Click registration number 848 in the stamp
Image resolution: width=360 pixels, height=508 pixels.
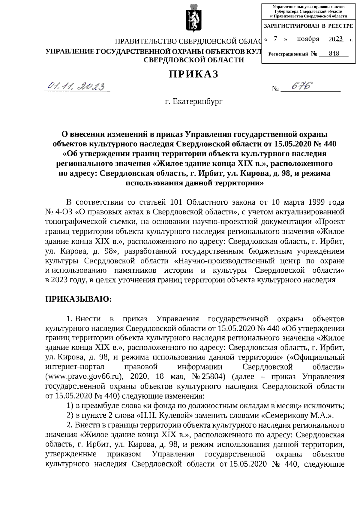[x=334, y=53]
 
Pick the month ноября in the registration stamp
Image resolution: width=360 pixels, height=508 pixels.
[x=308, y=39]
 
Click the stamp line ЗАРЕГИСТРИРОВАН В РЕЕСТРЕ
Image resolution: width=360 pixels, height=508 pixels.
[x=308, y=26]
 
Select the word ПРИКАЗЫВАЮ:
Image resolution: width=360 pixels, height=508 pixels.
[x=78, y=299]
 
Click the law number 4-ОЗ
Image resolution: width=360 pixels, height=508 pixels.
[x=63, y=212]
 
